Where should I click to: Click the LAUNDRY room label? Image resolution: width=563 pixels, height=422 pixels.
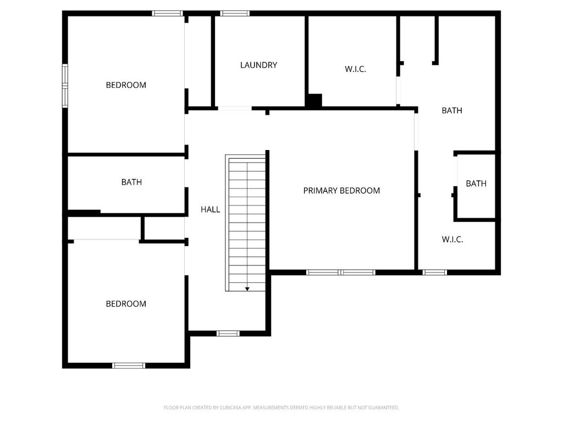point(258,65)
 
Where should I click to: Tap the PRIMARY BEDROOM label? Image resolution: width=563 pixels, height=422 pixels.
point(341,191)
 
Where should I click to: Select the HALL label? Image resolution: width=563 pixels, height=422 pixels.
point(210,209)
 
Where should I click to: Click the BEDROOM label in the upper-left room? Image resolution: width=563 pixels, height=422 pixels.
point(126,85)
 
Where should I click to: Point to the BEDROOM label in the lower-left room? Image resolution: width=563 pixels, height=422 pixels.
point(126,304)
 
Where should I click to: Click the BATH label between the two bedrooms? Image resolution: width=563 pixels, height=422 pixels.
point(131,182)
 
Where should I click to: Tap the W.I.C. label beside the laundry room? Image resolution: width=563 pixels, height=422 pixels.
point(355,69)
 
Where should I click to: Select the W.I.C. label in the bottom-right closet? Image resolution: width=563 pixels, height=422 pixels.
point(452,240)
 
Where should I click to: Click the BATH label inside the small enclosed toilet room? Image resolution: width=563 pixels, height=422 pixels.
point(476,184)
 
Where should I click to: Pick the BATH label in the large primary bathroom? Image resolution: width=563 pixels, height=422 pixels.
point(452,110)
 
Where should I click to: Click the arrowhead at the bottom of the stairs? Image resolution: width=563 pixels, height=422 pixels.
point(247,288)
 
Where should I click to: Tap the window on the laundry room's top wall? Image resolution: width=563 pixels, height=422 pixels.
point(235,13)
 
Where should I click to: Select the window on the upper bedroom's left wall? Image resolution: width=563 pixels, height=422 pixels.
point(65,85)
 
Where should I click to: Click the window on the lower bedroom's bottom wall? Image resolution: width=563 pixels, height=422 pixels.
point(129,365)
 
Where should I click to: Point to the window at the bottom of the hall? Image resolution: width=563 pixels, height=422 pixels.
point(228,334)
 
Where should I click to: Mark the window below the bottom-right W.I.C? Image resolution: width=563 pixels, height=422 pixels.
point(435,272)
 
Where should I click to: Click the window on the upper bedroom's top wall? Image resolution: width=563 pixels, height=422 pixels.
point(168,13)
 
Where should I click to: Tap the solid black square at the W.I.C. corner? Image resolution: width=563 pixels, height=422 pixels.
point(314,101)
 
